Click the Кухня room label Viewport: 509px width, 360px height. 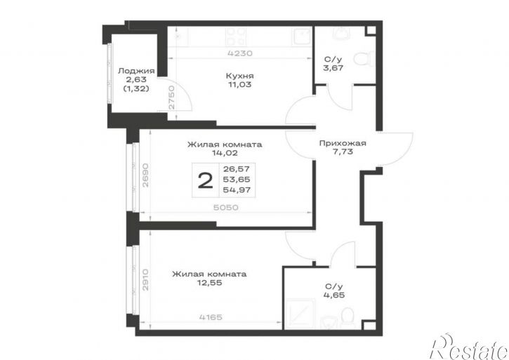239,76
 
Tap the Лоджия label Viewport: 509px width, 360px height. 136,70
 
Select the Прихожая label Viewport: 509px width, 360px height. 343,143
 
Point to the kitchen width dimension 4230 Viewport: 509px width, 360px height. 240,53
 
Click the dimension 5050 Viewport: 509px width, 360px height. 225,207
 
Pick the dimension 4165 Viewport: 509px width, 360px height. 210,316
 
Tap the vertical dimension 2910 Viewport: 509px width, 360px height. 145,279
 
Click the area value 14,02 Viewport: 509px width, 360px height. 225,153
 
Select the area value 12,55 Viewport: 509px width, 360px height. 209,283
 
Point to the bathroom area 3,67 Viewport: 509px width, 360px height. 333,68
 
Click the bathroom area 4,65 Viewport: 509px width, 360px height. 334,295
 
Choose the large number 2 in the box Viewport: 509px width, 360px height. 206,180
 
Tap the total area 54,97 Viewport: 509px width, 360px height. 237,190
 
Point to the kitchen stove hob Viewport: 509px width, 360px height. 236,36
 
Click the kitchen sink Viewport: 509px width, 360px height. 302,36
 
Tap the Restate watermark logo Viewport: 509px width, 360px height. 469,347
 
